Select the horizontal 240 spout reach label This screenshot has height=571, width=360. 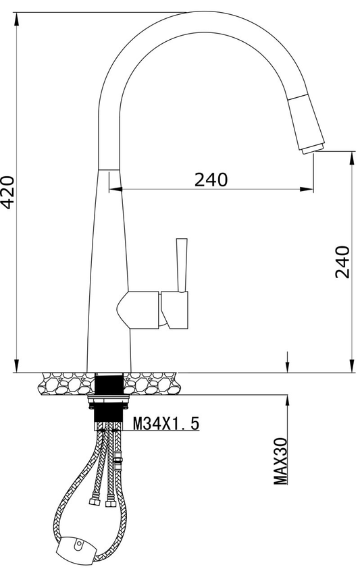(211, 180)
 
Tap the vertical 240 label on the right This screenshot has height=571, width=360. (342, 261)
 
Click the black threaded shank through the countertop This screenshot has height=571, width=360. (108, 385)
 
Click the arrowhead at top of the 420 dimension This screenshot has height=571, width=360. (16, 18)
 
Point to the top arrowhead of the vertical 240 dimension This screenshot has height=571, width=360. (351, 157)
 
